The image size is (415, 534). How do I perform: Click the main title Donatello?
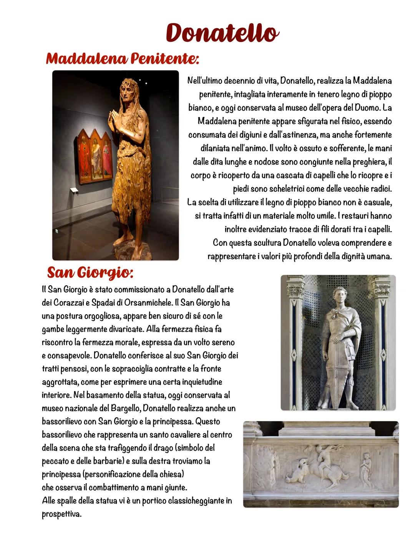click(x=221, y=33)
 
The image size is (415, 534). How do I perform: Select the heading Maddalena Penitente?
click(x=122, y=59)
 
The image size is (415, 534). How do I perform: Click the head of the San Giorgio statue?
click(x=339, y=294)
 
